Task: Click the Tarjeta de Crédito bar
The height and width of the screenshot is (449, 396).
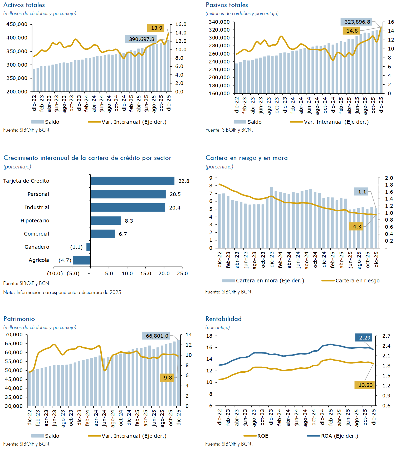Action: (132, 181)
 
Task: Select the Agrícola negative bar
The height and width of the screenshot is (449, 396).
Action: (82, 260)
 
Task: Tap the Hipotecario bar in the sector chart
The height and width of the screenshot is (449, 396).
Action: (106, 221)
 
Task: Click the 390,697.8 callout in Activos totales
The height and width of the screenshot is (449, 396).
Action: (142, 39)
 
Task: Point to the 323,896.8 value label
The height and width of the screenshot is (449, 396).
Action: (357, 22)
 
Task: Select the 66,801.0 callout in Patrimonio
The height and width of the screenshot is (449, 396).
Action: (157, 336)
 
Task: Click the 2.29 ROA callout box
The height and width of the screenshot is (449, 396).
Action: (365, 338)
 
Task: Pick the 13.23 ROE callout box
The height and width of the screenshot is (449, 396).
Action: (366, 385)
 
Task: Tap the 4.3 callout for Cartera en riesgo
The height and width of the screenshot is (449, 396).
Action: (357, 227)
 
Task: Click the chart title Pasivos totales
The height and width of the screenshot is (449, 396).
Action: (227, 5)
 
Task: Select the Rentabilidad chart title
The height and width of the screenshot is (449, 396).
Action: (223, 319)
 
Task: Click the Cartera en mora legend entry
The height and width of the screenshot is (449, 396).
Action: (263, 281)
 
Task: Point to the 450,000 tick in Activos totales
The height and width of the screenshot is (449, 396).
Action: (17, 24)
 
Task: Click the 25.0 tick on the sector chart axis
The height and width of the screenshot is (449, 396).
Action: (182, 274)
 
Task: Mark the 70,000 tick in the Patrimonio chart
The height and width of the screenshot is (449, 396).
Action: (14, 335)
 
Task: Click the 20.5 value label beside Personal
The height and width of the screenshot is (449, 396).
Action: (175, 194)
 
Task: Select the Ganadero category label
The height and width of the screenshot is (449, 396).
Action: (37, 247)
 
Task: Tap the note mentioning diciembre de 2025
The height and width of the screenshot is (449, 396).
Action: (62, 292)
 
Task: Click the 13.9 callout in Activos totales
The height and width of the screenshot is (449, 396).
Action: (157, 28)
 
